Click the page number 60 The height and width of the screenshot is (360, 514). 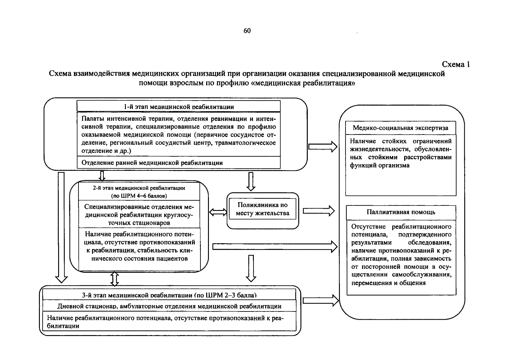tap(247, 31)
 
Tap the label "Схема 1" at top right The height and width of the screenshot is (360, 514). tap(456, 64)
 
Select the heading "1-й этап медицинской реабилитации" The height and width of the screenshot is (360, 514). tap(179, 107)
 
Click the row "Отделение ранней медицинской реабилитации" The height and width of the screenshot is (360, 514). tap(152, 163)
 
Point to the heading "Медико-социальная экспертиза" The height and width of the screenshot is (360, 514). tap(400, 128)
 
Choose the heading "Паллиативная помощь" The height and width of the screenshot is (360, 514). tap(401, 212)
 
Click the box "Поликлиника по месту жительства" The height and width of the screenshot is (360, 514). tap(263, 209)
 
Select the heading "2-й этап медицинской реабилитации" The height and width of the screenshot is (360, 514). tap(139, 188)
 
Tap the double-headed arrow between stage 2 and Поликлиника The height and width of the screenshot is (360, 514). tap(218, 212)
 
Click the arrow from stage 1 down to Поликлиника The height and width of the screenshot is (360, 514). tap(251, 181)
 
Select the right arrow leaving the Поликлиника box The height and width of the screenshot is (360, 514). tap(319, 211)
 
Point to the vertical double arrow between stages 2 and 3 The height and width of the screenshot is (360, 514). tap(115, 279)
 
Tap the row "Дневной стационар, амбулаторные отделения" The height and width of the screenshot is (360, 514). tap(169, 306)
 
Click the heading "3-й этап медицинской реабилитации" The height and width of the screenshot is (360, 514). tap(169, 295)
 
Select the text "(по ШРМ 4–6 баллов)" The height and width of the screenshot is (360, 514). tap(139, 196)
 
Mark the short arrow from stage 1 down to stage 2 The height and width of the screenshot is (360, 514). tap(102, 176)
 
